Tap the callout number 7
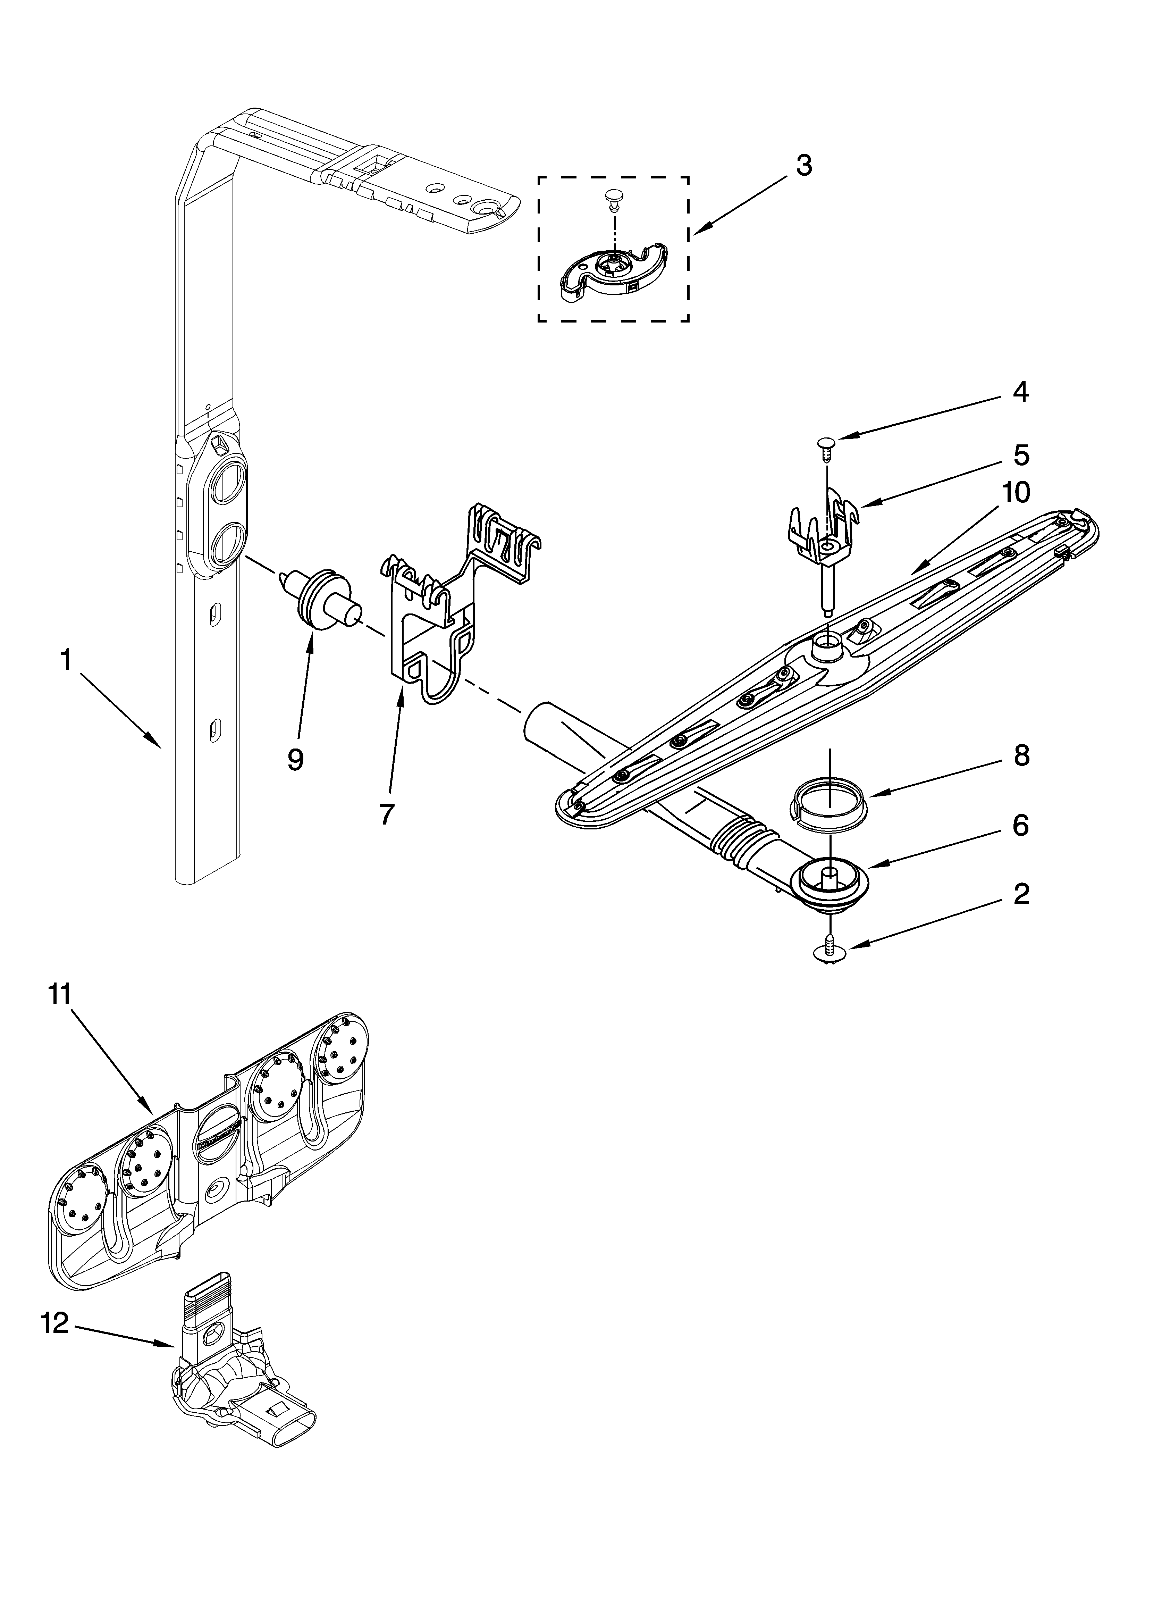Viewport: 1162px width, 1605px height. click(386, 814)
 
